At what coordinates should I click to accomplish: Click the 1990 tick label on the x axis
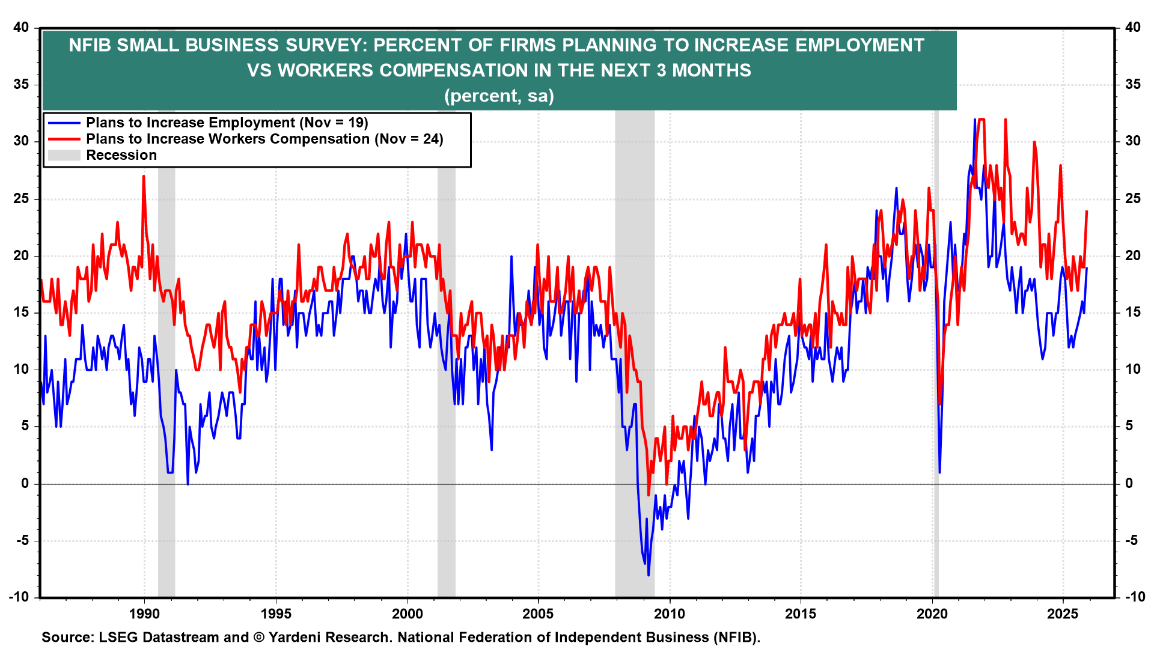(144, 614)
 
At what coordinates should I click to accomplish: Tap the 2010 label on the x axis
(670, 614)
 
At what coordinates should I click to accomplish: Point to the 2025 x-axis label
(1063, 614)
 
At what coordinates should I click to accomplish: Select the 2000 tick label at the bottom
(407, 614)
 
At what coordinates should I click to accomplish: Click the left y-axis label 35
(22, 84)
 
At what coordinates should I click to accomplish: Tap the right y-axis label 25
(1132, 198)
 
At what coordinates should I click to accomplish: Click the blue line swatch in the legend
(64, 123)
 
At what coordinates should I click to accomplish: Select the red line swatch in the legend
(64, 139)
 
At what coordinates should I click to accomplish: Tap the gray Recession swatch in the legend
(64, 156)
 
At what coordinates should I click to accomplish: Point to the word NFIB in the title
(90, 45)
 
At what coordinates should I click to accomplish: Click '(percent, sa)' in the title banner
(499, 96)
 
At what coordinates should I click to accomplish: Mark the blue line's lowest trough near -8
(649, 575)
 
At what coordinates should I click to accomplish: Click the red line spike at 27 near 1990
(144, 176)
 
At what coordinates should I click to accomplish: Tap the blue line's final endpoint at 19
(1087, 268)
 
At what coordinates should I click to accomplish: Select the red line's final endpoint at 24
(1087, 211)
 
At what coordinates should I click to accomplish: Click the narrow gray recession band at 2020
(936, 361)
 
